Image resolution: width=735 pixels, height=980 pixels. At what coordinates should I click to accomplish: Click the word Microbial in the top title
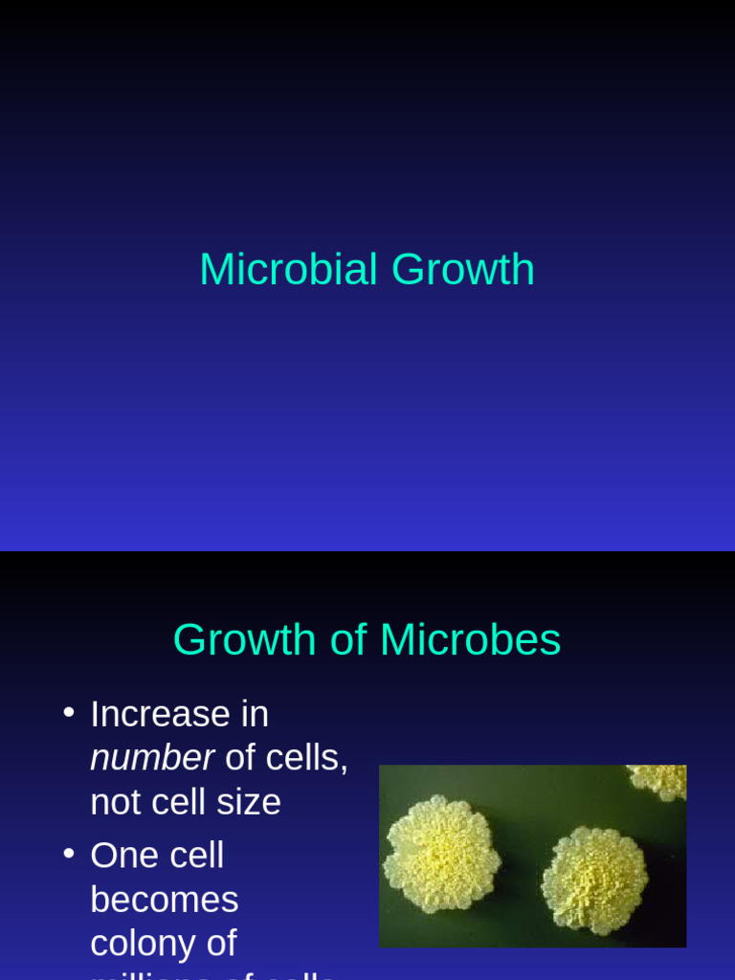[288, 270]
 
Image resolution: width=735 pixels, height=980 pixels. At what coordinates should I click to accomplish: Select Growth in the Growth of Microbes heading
[244, 640]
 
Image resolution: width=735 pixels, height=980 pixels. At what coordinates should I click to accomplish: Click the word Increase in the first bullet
[160, 714]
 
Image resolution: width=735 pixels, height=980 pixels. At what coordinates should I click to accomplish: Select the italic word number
[151, 758]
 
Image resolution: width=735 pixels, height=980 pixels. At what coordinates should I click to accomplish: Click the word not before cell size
[114, 802]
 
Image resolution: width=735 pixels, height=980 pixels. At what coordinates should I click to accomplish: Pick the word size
[248, 802]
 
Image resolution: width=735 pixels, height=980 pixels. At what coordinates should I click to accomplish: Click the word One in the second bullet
[122, 855]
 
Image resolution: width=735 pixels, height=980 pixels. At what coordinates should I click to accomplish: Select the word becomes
[164, 900]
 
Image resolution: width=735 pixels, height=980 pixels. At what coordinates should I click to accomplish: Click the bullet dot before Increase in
[68, 712]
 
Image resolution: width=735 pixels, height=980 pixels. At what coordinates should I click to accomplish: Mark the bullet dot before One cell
[68, 853]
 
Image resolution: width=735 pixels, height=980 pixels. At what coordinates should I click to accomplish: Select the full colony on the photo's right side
[593, 879]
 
